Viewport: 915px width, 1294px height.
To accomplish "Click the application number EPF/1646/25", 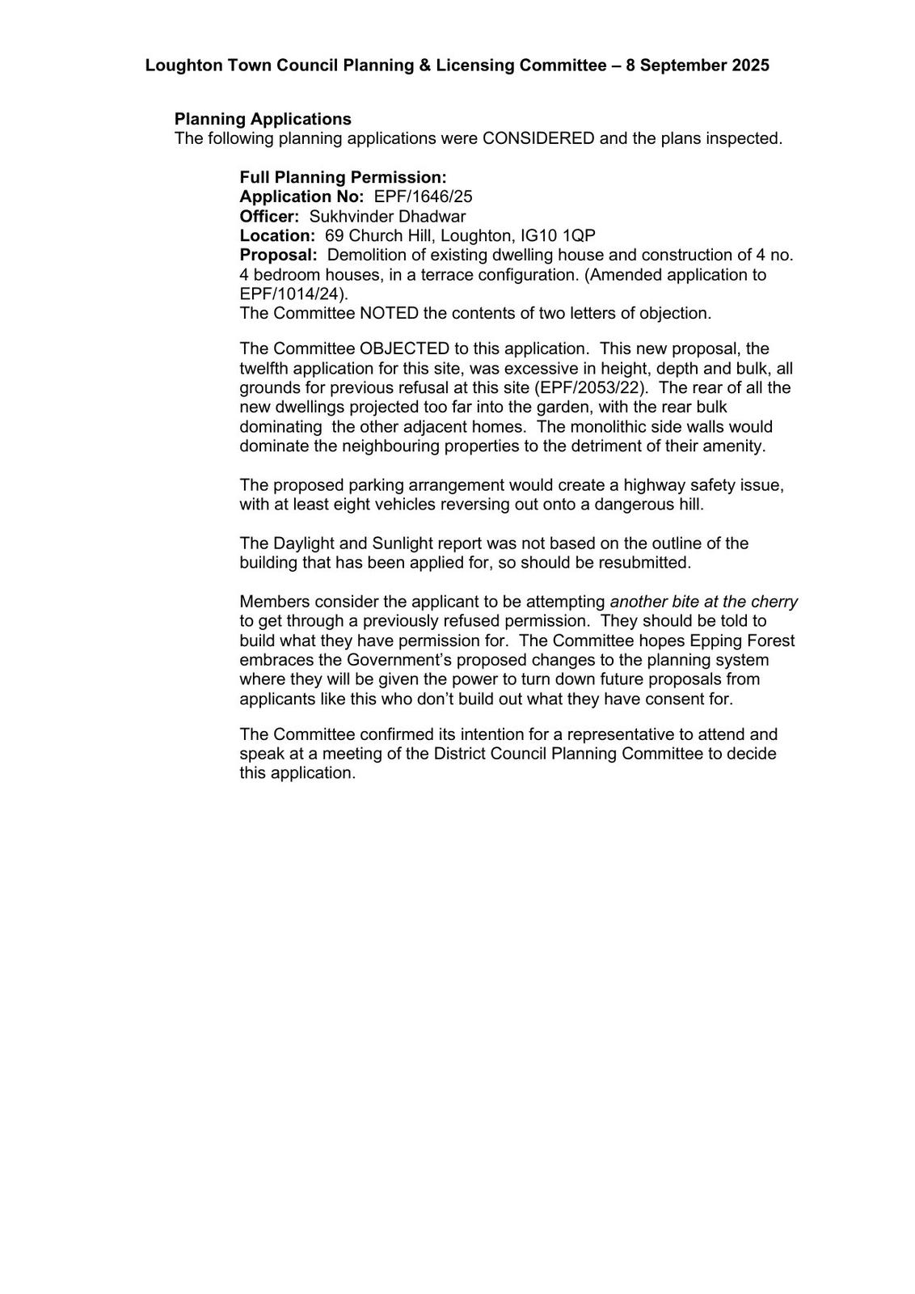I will click(423, 197).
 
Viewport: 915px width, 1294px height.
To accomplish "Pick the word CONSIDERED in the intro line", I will click(538, 138).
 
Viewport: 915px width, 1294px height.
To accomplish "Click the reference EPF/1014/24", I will click(292, 294).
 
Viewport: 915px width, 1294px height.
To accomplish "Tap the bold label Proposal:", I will click(278, 255).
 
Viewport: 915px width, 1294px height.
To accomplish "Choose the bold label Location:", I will click(277, 235).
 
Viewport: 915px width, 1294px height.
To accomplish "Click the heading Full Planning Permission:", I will click(343, 177).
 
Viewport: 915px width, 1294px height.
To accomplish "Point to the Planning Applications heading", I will click(263, 119).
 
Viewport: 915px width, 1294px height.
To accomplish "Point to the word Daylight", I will click(305, 543).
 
